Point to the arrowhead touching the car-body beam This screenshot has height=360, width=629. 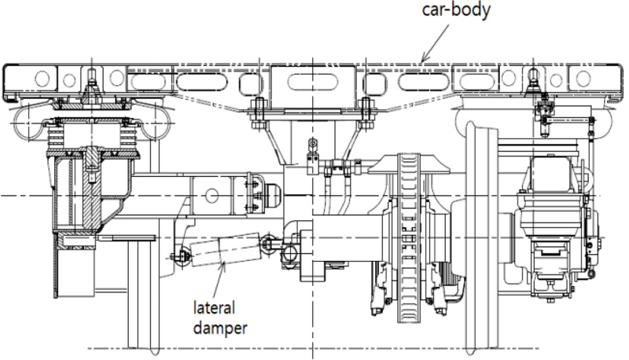click(423, 60)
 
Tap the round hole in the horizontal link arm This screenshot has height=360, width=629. click(211, 193)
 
